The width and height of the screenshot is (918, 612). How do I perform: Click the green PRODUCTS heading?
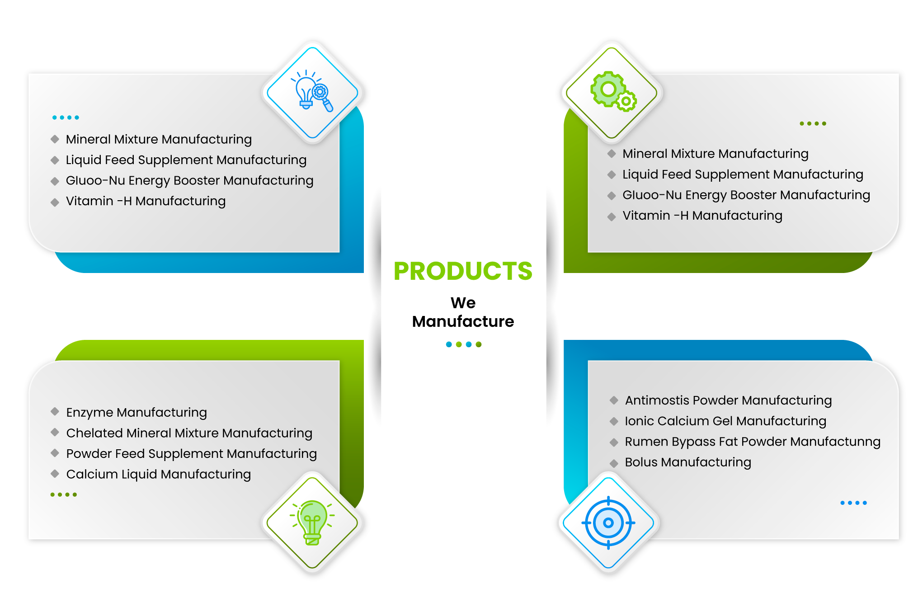click(463, 271)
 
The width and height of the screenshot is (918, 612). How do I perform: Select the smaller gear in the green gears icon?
click(626, 101)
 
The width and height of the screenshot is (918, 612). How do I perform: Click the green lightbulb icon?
click(312, 523)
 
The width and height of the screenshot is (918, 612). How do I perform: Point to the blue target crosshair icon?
click(608, 523)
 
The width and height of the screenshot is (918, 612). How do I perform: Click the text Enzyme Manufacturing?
click(137, 412)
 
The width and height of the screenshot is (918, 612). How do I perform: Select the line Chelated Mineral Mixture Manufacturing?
click(189, 433)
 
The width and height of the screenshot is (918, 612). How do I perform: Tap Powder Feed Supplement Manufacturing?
click(191, 453)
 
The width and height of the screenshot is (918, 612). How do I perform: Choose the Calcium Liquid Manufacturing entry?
click(158, 474)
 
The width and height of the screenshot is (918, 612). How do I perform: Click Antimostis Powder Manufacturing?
click(728, 400)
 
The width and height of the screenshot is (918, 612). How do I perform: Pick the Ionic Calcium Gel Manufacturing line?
click(725, 421)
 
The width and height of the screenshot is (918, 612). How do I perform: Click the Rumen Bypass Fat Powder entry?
click(753, 442)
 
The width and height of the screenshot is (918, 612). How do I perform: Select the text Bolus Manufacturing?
click(688, 462)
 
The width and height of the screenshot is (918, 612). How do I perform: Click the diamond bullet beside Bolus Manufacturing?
click(614, 463)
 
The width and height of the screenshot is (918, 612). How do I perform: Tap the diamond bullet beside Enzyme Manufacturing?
click(55, 411)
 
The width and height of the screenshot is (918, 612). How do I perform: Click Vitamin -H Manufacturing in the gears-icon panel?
click(702, 216)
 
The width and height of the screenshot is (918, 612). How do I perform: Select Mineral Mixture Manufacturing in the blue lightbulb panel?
click(159, 139)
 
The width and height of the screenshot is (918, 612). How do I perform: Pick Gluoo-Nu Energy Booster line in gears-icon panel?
click(746, 195)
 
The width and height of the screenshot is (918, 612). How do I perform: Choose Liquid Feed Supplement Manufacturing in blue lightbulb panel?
click(186, 160)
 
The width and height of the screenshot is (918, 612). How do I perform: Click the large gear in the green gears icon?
click(607, 89)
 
